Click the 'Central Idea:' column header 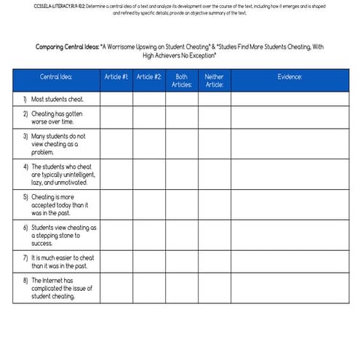coord(56,76)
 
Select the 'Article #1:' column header coord(116,76)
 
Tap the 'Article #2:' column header coord(149,76)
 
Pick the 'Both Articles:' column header coord(181,80)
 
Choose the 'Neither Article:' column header coord(215,80)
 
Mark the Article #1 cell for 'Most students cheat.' coord(116,99)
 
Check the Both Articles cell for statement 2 coord(181,118)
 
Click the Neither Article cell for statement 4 coord(215,175)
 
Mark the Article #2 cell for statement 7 coord(149,262)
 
